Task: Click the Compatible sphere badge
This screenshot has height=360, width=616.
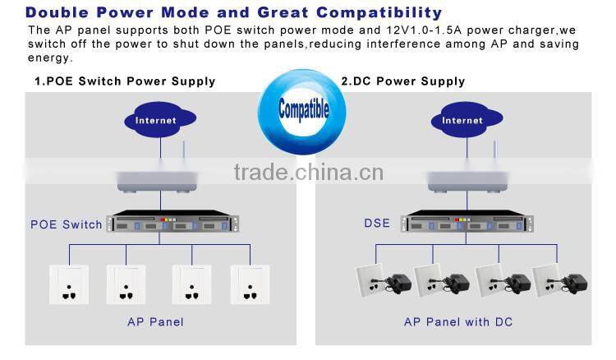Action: point(303,108)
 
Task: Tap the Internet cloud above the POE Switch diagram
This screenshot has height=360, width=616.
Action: point(156,120)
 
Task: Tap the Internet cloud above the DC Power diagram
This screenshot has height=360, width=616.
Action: point(462,120)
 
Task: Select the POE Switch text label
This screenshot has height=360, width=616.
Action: point(67,224)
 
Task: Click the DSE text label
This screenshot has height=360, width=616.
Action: point(377,223)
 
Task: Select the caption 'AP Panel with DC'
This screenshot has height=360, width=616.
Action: point(458,322)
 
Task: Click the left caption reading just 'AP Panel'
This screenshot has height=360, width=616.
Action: point(155,322)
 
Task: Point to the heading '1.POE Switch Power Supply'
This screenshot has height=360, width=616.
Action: point(125,81)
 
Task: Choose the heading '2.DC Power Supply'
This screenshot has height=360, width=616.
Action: point(402,81)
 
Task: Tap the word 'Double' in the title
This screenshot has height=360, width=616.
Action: point(61,13)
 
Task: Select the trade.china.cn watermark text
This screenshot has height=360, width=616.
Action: point(308,172)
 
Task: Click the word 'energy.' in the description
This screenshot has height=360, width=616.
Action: point(51,58)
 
